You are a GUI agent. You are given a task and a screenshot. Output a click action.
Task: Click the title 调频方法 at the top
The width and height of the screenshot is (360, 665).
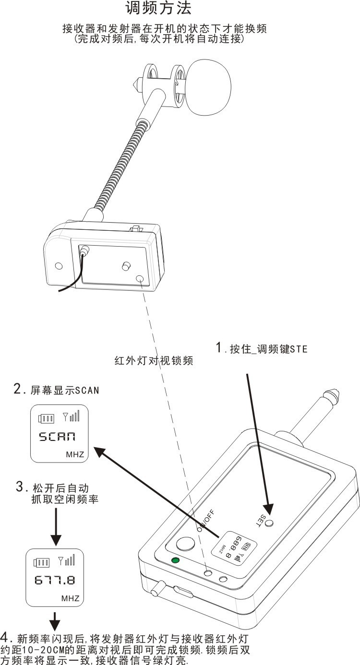[158, 8]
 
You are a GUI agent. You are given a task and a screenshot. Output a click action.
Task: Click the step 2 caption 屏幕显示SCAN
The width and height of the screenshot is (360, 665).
[56, 390]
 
